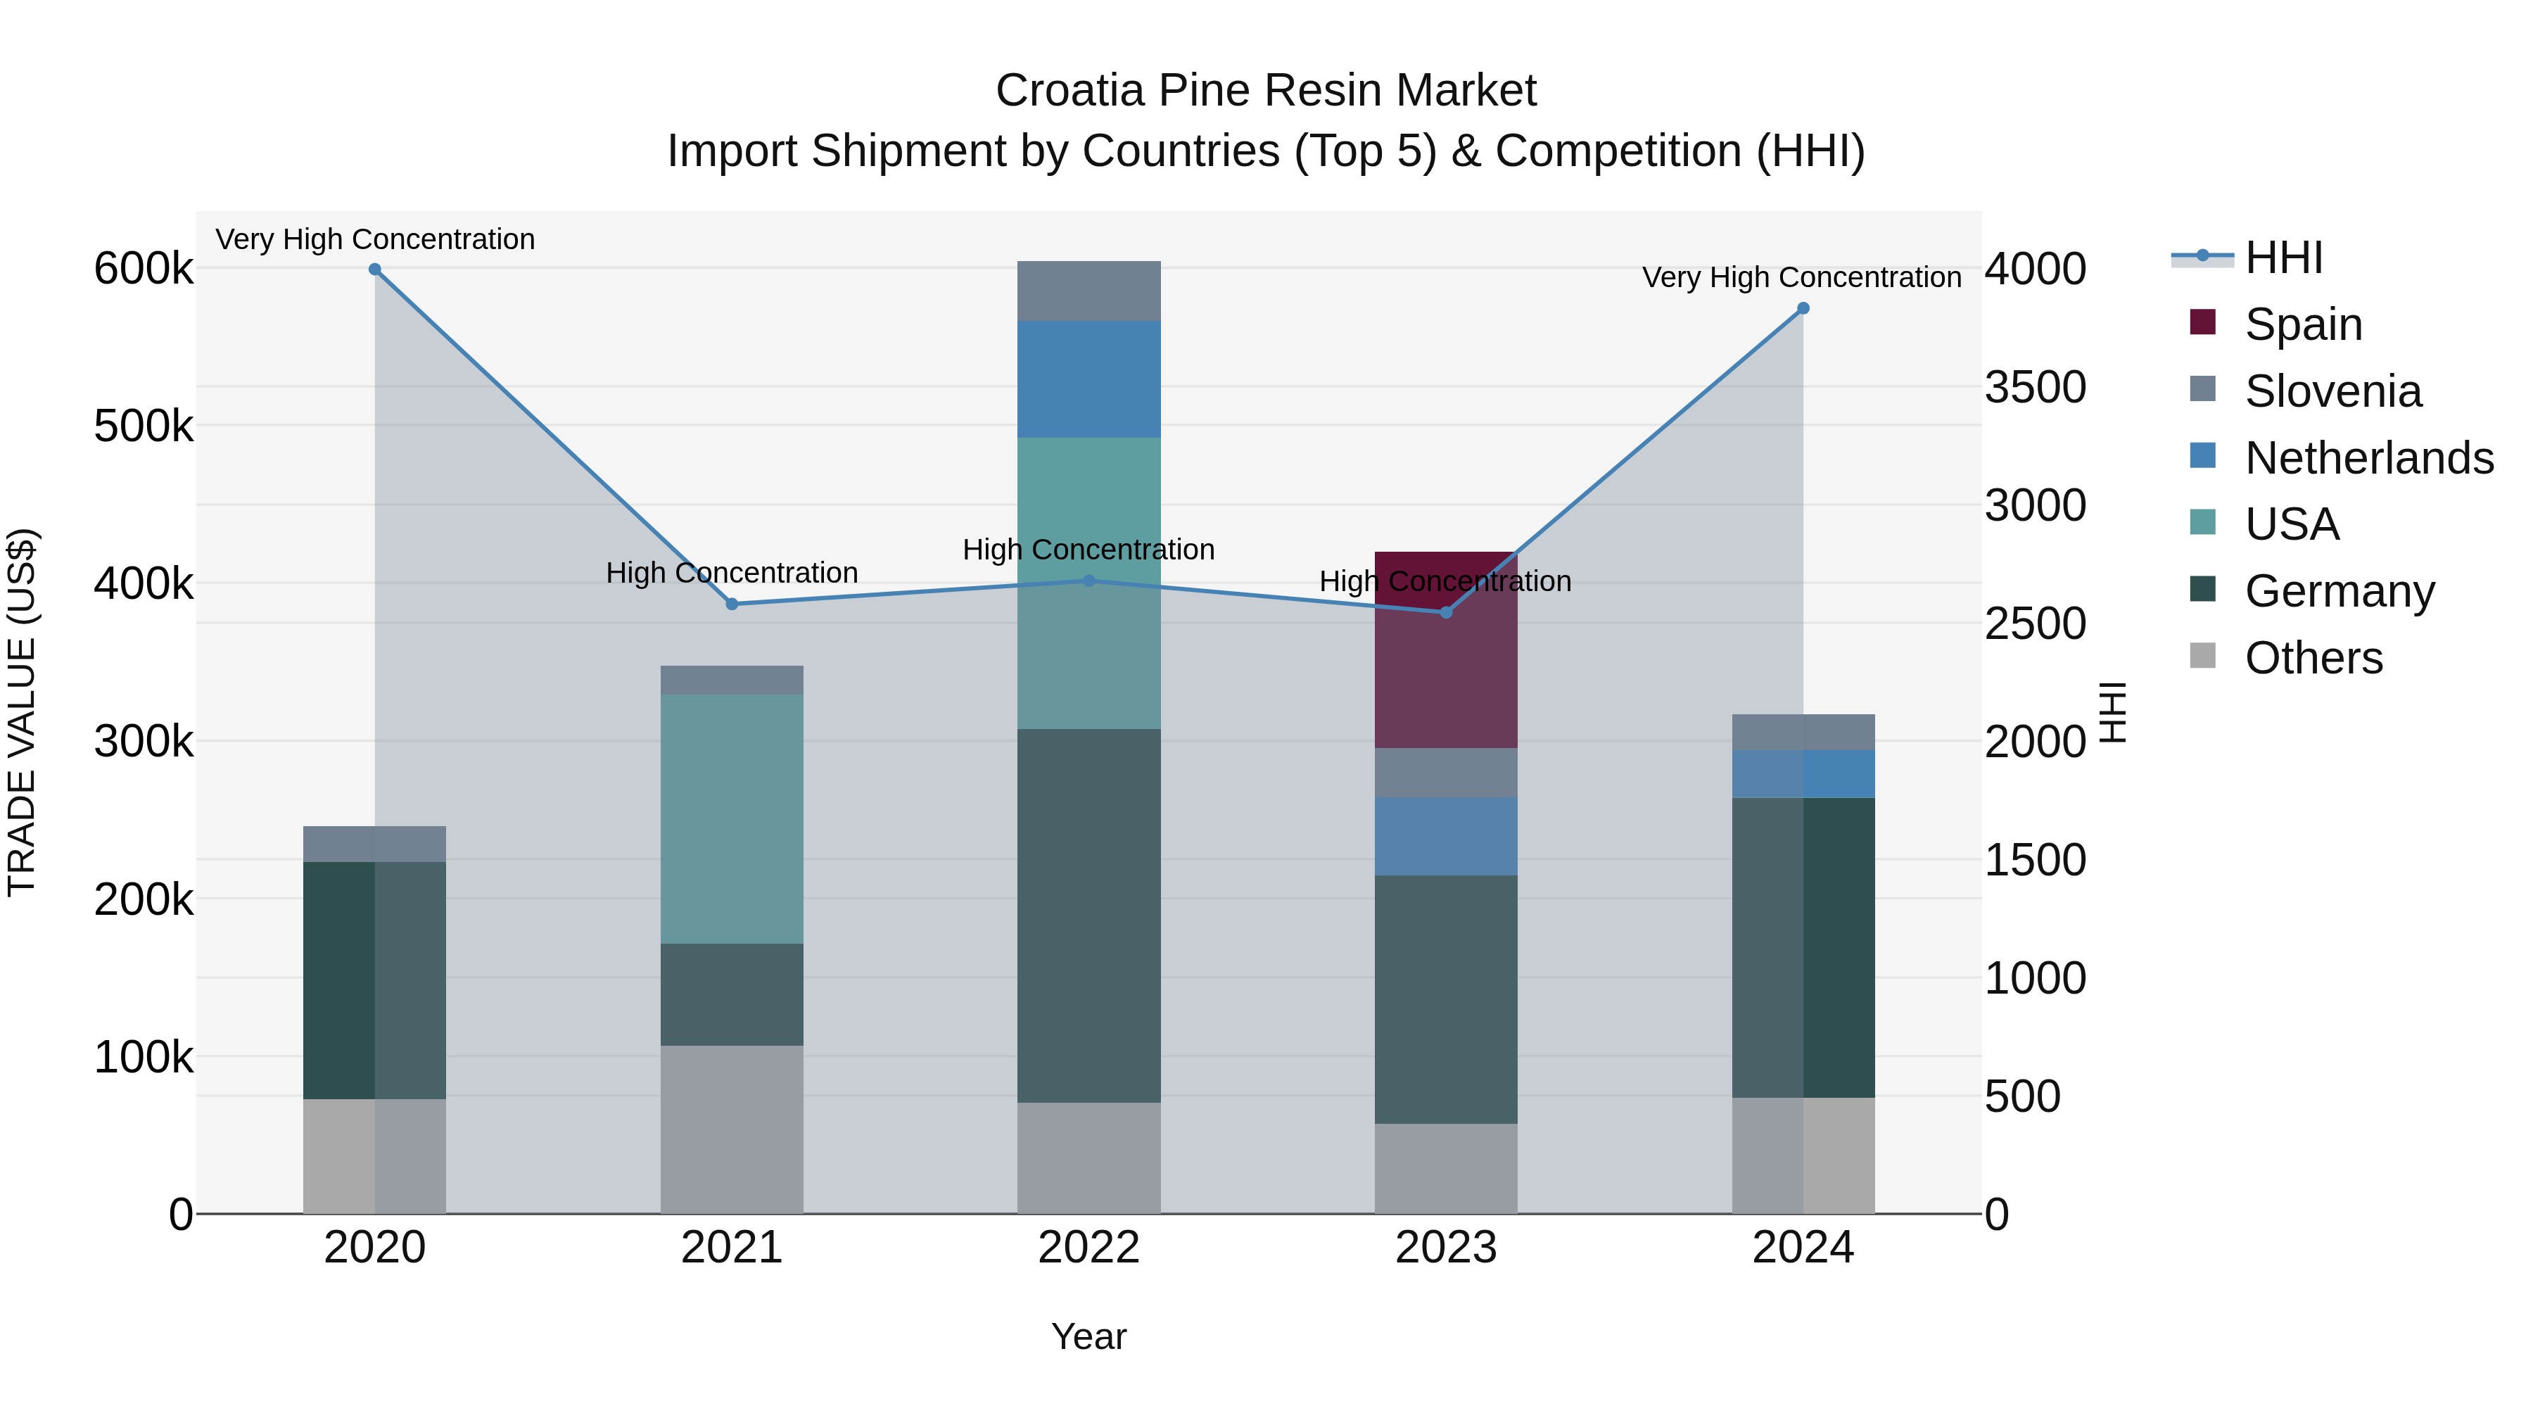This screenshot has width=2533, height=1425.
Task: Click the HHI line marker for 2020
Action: (x=374, y=270)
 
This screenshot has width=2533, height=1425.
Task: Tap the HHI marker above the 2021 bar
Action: (x=732, y=604)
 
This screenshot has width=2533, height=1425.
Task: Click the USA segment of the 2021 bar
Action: (x=732, y=818)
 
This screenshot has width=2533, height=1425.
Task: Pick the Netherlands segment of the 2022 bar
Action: (x=1088, y=379)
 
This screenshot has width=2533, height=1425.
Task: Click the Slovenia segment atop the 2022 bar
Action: (x=1088, y=291)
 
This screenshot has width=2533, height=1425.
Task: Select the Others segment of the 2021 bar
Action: (x=732, y=1128)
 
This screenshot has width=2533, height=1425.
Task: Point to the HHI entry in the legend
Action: (x=2283, y=258)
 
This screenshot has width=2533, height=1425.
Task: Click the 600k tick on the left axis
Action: (x=144, y=269)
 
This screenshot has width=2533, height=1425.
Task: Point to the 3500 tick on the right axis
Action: (x=2034, y=388)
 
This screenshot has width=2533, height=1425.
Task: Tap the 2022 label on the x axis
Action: (x=1088, y=1248)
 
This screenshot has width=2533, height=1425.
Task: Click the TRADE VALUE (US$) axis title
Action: (x=23, y=712)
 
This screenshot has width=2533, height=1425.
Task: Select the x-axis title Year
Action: (x=1088, y=1336)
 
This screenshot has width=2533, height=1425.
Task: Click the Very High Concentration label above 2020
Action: (x=374, y=239)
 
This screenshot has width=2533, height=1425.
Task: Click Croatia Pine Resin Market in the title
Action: (x=1266, y=91)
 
